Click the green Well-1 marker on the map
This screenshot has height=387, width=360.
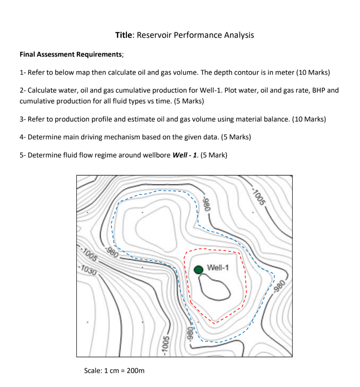[x=199, y=270]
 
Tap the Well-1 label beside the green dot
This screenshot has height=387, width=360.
[x=218, y=267]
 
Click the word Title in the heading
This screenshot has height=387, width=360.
[x=125, y=35]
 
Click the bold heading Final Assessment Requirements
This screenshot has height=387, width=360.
[x=71, y=54]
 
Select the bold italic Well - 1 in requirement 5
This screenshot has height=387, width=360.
[x=185, y=155]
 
